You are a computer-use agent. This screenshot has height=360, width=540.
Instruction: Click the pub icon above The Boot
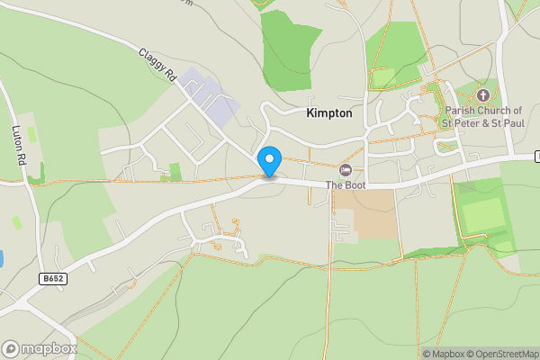346,169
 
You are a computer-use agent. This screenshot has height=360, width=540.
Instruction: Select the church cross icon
482,94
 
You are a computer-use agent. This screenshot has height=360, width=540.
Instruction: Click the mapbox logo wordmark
49,348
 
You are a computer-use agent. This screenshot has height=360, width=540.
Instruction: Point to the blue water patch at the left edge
2,258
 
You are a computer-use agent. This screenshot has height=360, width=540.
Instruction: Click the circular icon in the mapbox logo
11,348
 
